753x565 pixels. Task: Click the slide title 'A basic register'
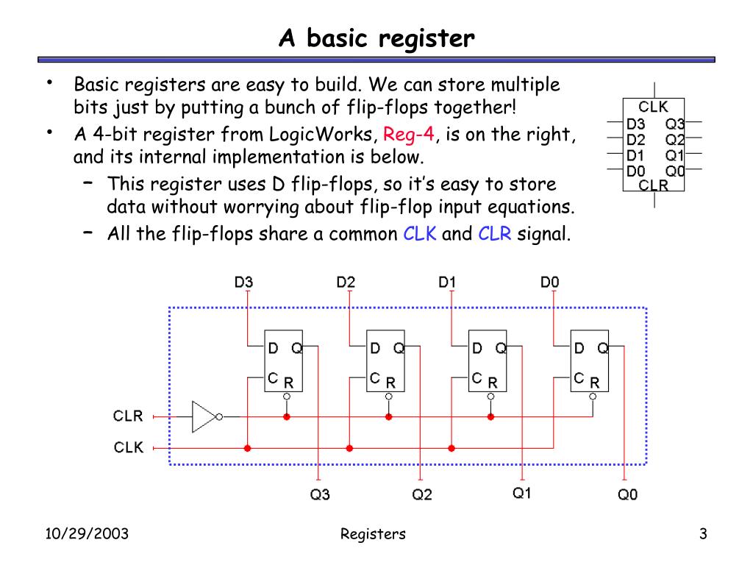[376, 38]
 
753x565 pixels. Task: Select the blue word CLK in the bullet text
[420, 234]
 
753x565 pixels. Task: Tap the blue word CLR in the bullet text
[494, 234]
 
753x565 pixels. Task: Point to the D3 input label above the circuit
[243, 282]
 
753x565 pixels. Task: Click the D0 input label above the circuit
[550, 282]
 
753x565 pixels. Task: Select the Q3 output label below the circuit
[320, 494]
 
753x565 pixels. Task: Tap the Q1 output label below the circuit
[521, 494]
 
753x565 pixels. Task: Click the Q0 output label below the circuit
[627, 494]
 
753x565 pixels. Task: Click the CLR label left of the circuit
[128, 416]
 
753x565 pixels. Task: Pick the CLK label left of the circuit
[128, 447]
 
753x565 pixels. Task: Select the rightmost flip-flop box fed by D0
[590, 360]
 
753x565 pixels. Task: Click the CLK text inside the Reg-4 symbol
[653, 107]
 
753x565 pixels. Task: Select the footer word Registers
[373, 534]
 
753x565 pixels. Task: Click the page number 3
[703, 534]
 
